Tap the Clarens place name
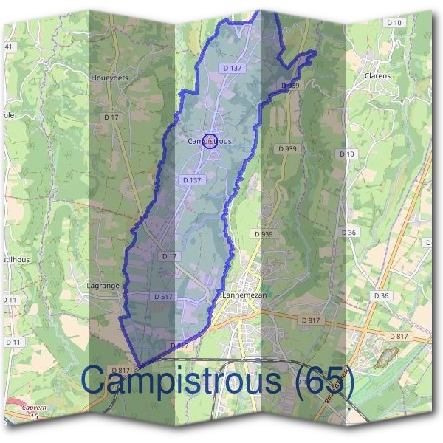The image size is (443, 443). coord(377,75)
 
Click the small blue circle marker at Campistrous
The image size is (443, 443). coord(209,141)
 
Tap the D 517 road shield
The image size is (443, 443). coord(163,296)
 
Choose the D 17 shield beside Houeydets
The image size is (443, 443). coord(111,117)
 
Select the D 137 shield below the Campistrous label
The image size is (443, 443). coord(191,180)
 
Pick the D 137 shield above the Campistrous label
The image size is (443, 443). coord(232,68)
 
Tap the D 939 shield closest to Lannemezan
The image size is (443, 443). coord(264,234)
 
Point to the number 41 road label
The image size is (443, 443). coord(9,47)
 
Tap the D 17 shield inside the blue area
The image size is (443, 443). coord(170,256)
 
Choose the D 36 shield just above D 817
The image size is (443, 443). coord(381,295)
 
